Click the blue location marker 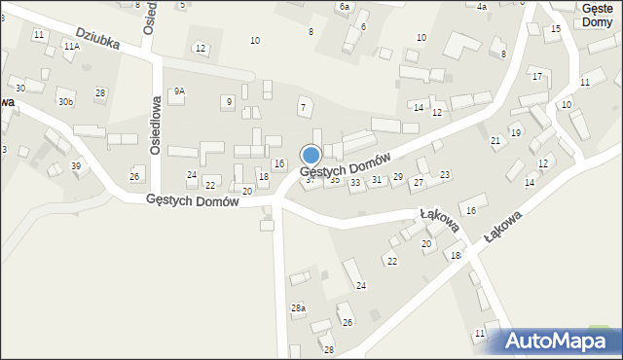[311, 155]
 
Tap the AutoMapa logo [561, 341]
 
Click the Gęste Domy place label [595, 15]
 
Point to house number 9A [179, 90]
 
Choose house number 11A [71, 46]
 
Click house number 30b [65, 101]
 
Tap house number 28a [298, 307]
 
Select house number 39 [76, 166]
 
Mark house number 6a [344, 7]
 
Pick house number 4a [481, 7]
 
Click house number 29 [397, 176]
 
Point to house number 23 [445, 174]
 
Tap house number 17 [536, 76]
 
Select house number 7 [303, 106]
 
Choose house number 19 [516, 132]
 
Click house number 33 [355, 182]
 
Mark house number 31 [377, 179]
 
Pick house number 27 [419, 182]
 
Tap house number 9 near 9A [228, 101]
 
